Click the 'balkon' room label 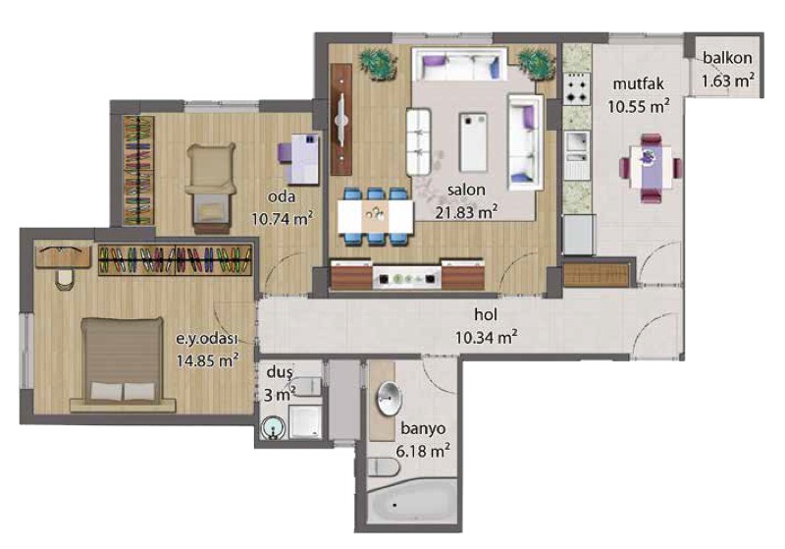[727, 58]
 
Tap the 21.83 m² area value [466, 212]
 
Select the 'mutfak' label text [639, 83]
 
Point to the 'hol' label [486, 314]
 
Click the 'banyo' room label [423, 429]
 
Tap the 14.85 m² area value [207, 360]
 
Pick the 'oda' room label [282, 196]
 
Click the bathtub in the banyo [412, 504]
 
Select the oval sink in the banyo [389, 399]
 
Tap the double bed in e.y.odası [123, 361]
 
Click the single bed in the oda [210, 188]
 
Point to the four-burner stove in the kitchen [577, 88]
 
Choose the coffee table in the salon [473, 142]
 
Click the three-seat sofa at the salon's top [459, 64]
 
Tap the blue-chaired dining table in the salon [376, 216]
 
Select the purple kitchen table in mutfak [651, 167]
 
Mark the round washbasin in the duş [274, 429]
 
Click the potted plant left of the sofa [378, 64]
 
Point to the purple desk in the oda [299, 158]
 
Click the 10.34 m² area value [486, 337]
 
